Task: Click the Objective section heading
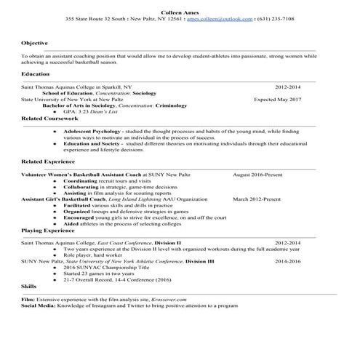pyautogui.click(x=34, y=44)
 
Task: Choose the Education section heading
pyautogui.click(x=36, y=74)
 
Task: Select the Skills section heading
pyautogui.click(x=29, y=287)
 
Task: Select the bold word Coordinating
pyautogui.click(x=83, y=181)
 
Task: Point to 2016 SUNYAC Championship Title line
pyautogui.click(x=103, y=266)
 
